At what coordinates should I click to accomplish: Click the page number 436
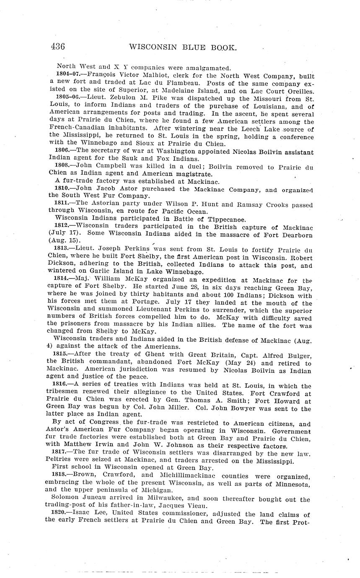(57, 47)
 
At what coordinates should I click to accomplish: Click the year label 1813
(63, 248)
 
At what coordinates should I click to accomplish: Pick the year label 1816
(63, 386)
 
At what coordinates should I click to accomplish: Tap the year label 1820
(63, 515)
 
